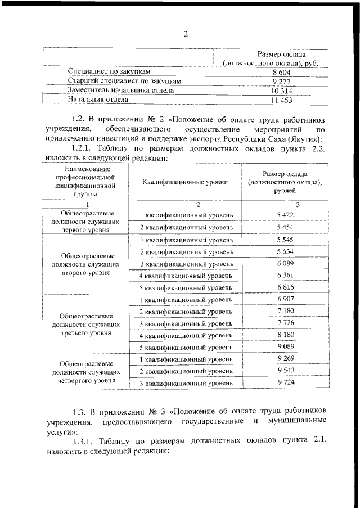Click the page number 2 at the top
(184, 34)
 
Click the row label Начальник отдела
(98, 100)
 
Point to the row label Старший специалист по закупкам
(124, 82)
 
